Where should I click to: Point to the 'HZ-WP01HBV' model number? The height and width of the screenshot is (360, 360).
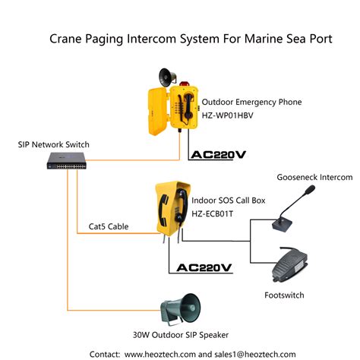pyautogui.click(x=235, y=115)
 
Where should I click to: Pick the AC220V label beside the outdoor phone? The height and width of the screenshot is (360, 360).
pyautogui.click(x=219, y=155)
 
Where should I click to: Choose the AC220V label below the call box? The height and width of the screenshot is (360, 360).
pyautogui.click(x=204, y=267)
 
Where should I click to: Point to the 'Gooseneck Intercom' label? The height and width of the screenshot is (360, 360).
pyautogui.click(x=314, y=177)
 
